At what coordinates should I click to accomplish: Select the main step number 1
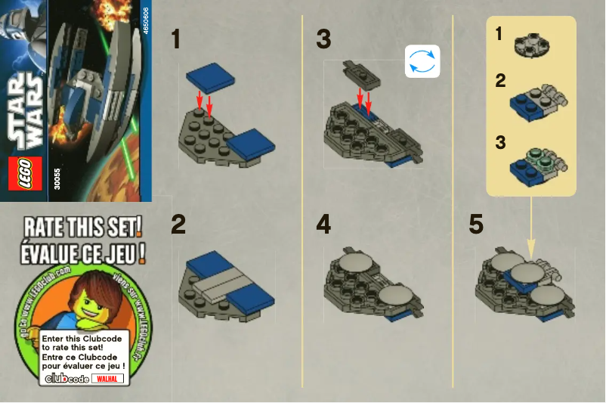tap(176, 39)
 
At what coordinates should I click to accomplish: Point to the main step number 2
tap(178, 225)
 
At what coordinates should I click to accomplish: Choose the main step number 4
tap(324, 225)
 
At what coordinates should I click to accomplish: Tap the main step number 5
tap(476, 225)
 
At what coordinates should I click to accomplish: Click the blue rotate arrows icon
tap(422, 62)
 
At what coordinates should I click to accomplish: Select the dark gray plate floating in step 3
tap(362, 71)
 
